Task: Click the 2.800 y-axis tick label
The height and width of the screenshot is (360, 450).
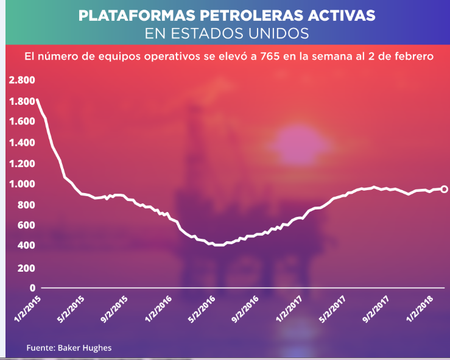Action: coord(22,80)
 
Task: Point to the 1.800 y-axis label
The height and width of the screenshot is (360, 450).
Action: coord(22,101)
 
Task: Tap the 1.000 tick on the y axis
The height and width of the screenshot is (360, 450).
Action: coord(22,184)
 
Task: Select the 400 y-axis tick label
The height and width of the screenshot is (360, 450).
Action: coord(26,245)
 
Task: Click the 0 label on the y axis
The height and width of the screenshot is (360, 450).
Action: coord(32,288)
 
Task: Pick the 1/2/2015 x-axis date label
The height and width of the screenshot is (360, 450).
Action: coord(28,309)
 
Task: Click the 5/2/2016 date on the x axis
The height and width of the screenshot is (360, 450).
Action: coord(202,309)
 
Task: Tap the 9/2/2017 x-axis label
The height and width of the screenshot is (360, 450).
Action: coord(376,309)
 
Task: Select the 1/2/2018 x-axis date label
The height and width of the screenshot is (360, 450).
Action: coord(420,309)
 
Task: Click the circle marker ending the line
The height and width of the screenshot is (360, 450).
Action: coord(444,189)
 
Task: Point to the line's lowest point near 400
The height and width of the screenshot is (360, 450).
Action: coord(219,245)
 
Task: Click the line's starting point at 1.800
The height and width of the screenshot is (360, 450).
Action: coord(37,100)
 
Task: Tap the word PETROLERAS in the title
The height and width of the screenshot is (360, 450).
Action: coord(251,15)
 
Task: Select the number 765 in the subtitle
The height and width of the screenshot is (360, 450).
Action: coord(270,56)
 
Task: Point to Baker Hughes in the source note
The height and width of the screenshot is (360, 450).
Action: coord(85,348)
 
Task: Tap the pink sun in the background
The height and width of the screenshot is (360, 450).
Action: coord(300,146)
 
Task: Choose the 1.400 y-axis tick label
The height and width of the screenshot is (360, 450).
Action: coord(22,143)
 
